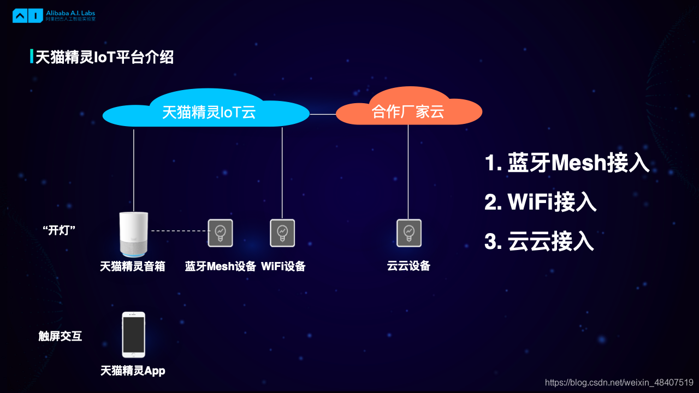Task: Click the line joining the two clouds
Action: pos(323,114)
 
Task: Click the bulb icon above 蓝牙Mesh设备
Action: pos(220,233)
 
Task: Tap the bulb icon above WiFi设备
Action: pos(282,233)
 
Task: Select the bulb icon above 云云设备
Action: pos(409,233)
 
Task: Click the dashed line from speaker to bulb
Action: pos(179,231)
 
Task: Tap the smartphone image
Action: pos(133,335)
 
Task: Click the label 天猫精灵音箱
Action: pos(133,266)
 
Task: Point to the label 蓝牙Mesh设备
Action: pos(221,266)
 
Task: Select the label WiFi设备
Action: pos(283,266)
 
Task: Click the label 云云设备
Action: pos(409,266)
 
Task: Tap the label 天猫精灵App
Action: pos(133,371)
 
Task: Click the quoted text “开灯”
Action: pos(59,230)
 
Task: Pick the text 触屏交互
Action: pos(60,336)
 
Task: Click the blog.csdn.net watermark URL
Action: pos(619,383)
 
